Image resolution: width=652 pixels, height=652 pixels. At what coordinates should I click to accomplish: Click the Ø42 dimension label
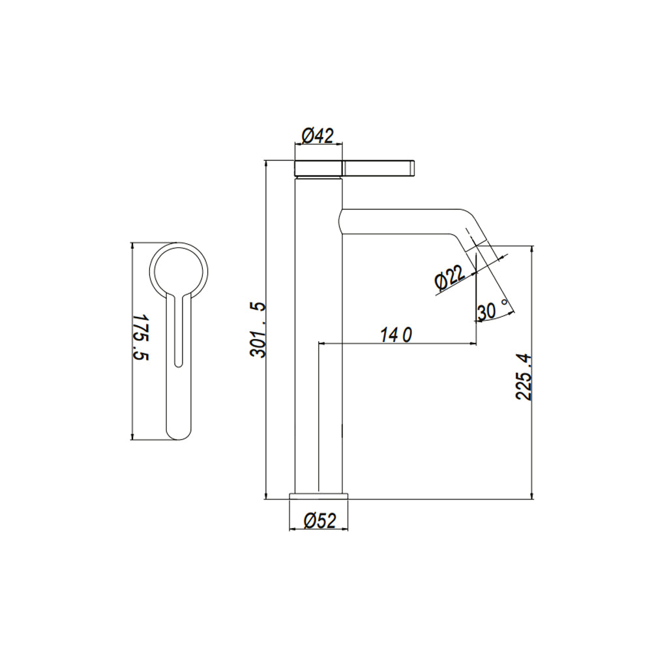coord(318,136)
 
